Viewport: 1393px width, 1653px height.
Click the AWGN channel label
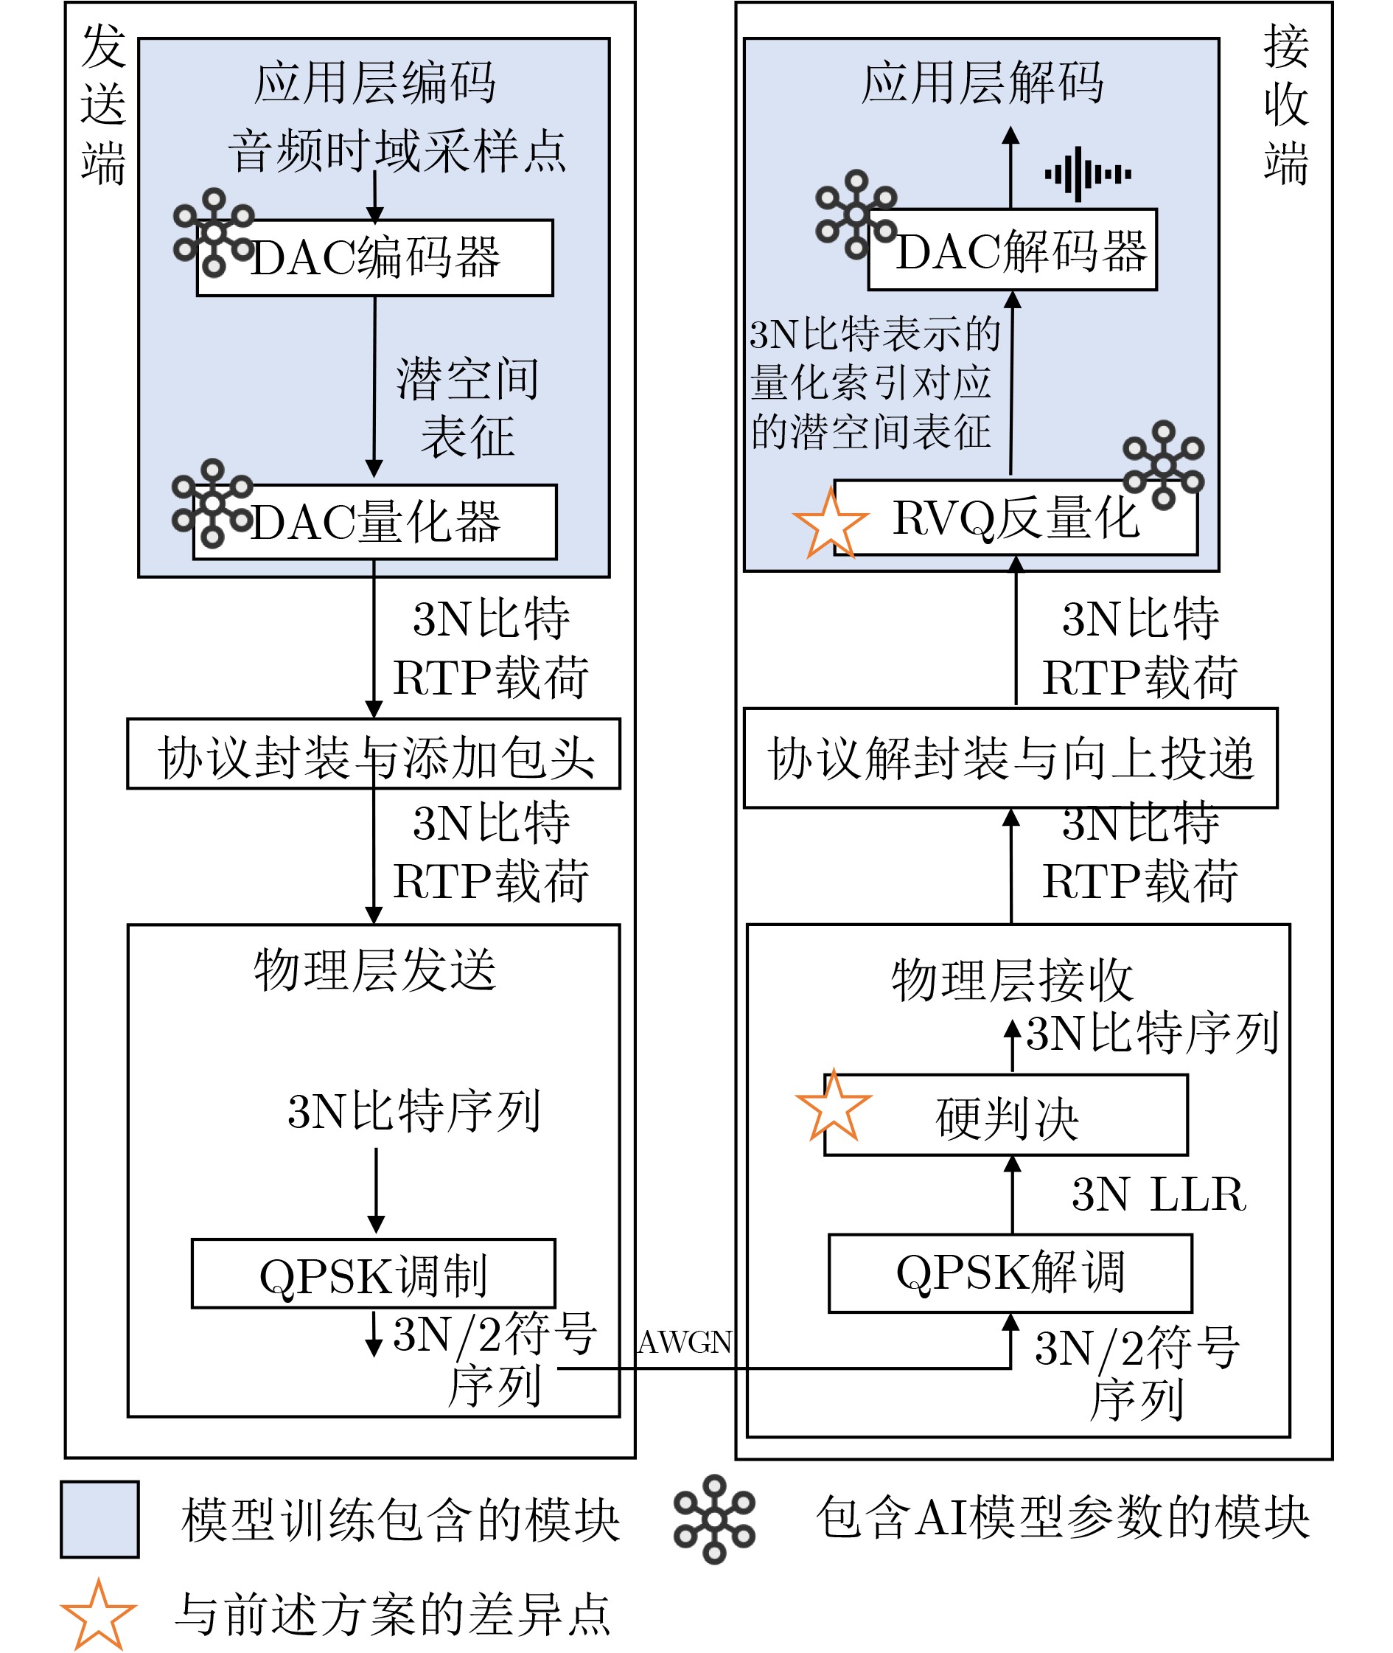pos(685,1343)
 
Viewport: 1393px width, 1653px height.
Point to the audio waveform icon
pos(1087,174)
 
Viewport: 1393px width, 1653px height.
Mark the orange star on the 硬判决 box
pos(833,1107)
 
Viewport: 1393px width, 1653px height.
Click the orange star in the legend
pos(99,1616)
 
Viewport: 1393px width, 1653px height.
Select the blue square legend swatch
pos(99,1520)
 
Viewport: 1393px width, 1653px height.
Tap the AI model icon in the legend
pos(714,1519)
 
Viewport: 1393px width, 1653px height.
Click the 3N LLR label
pos(1159,1194)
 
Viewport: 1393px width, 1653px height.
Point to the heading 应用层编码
pos(374,82)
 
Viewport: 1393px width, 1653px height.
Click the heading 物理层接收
pos(1013,981)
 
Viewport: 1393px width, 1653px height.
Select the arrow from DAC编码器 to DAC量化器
pos(374,387)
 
